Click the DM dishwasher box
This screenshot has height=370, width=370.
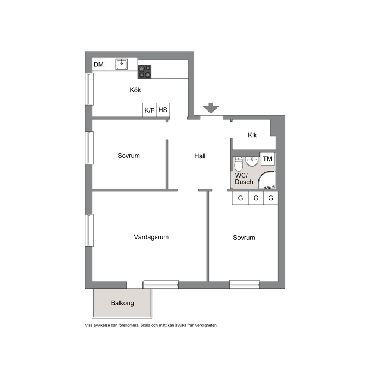(x=99, y=64)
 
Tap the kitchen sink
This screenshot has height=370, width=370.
(x=122, y=64)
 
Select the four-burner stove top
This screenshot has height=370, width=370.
(x=144, y=72)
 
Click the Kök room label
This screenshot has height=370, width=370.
(x=135, y=90)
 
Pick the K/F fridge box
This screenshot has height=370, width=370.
(x=149, y=110)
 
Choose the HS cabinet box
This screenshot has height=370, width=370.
(x=163, y=110)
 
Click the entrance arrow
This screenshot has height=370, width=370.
(x=211, y=108)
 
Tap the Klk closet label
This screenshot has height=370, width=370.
(x=252, y=135)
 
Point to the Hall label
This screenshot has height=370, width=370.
(x=200, y=156)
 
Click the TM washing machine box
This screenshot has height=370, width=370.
(x=267, y=159)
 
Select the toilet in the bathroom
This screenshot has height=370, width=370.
(x=239, y=164)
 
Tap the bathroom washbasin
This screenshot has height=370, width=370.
(x=252, y=162)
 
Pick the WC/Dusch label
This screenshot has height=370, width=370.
(x=244, y=179)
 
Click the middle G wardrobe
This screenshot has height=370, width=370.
(x=256, y=198)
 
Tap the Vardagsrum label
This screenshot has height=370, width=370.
(x=151, y=237)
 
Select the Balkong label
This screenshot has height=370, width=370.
(x=122, y=303)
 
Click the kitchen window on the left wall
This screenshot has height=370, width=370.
(x=89, y=89)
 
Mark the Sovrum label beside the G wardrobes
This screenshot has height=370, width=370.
(x=244, y=238)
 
